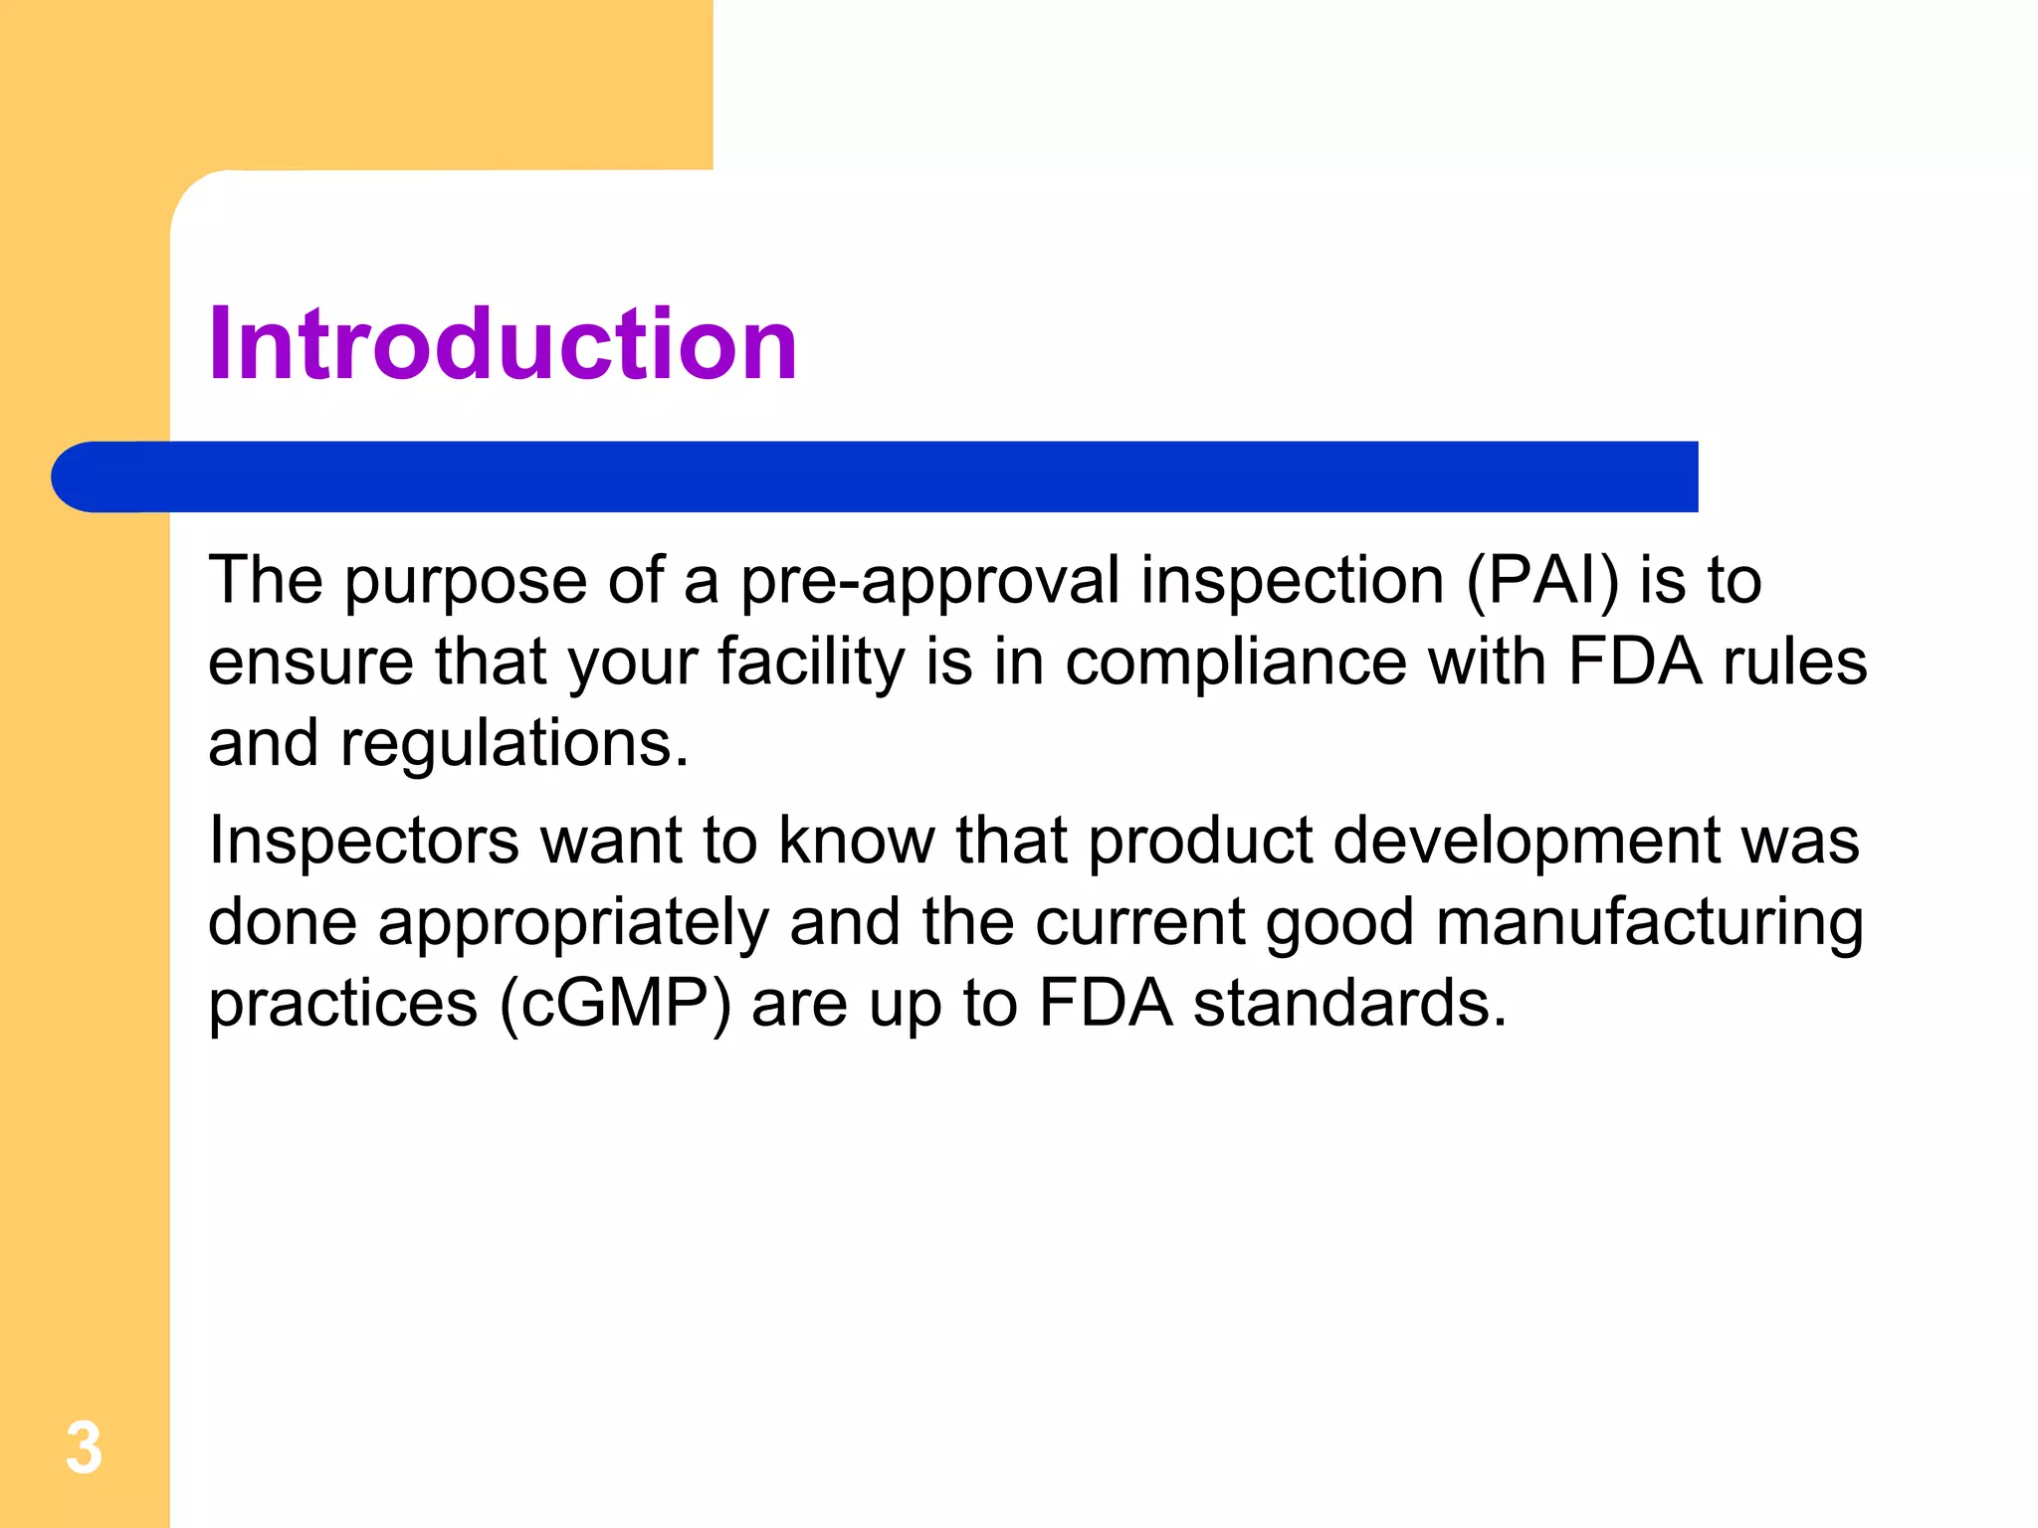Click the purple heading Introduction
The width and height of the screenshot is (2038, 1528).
pos(503,344)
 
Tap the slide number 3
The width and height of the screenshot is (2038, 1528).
pos(85,1448)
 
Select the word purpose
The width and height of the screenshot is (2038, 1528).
pos(466,581)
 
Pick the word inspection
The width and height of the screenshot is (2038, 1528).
pos(1292,581)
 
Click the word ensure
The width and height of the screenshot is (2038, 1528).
pos(310,663)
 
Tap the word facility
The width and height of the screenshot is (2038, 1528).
pos(811,663)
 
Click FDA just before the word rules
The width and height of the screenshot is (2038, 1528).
pos(1634,663)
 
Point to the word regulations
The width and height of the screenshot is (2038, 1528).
pos(514,744)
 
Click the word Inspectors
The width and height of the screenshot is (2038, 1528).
pos(364,841)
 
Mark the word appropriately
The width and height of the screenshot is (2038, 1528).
pos(573,923)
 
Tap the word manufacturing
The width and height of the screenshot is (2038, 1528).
pos(1649,923)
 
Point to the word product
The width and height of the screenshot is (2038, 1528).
pos(1200,841)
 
